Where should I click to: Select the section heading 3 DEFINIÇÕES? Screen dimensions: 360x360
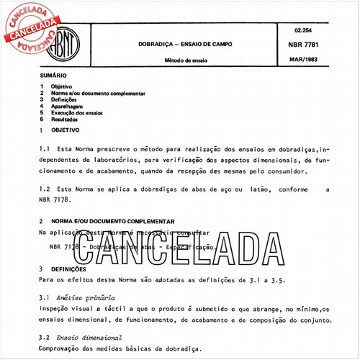coord(71,269)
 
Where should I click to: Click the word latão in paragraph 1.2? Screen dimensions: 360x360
coord(253,189)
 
